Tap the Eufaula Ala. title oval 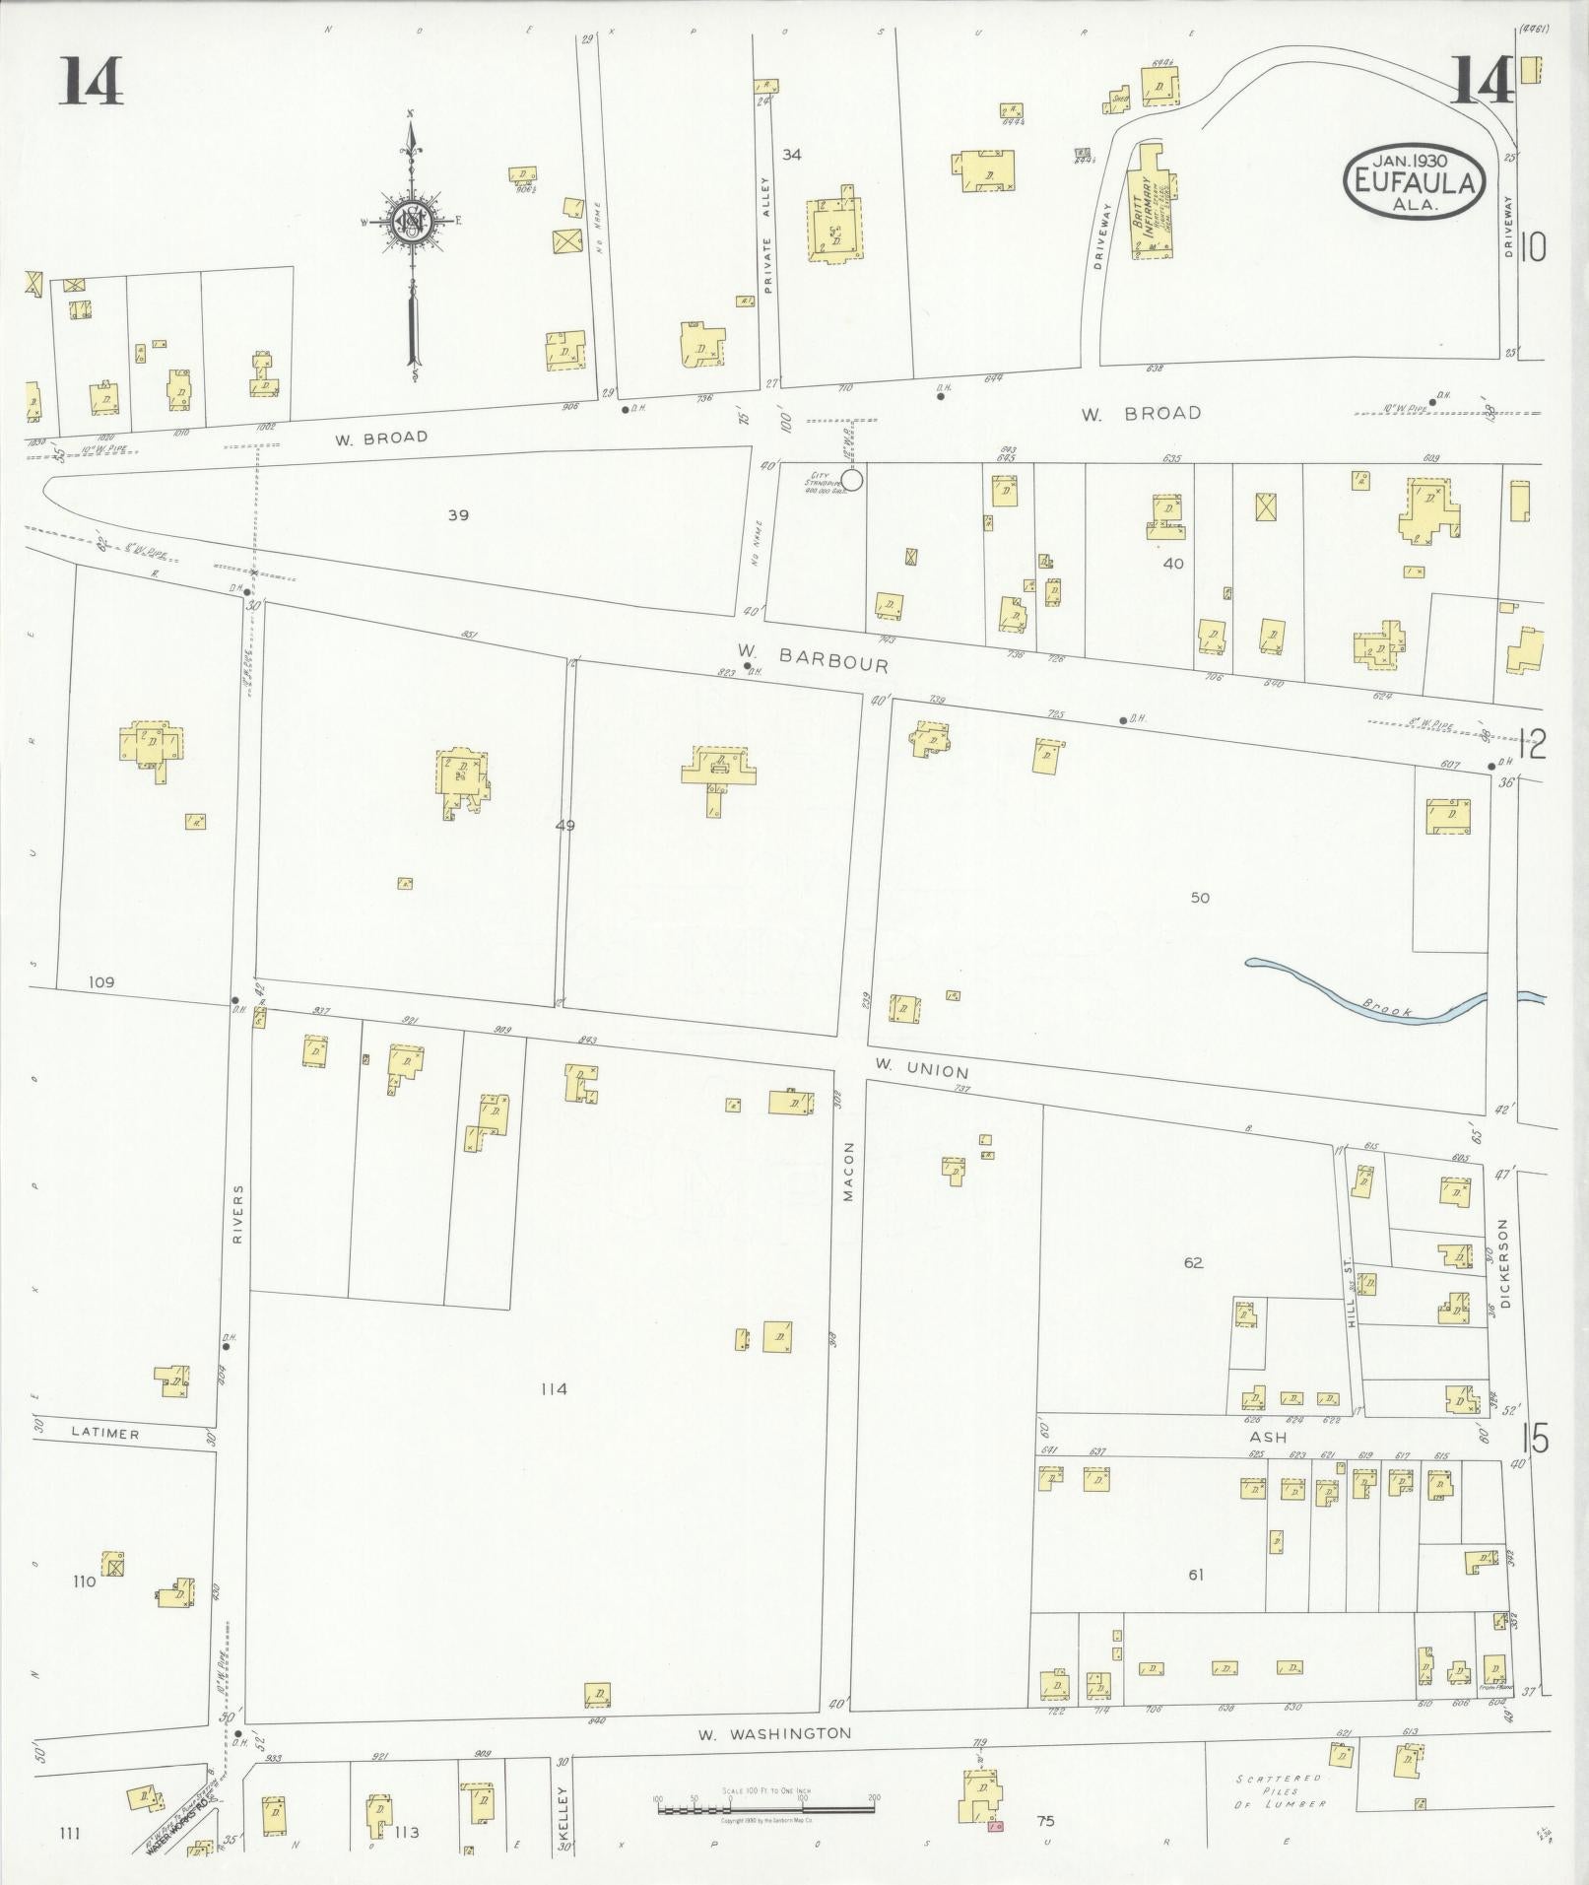(1415, 180)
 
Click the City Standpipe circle (852, 480)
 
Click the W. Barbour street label (814, 657)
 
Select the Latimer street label (105, 1434)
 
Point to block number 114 (554, 1389)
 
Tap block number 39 (458, 514)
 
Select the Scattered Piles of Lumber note (1282, 1791)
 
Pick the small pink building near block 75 (995, 1827)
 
